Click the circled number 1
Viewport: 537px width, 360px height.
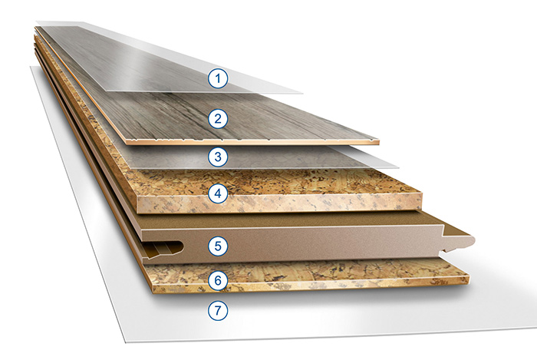218,78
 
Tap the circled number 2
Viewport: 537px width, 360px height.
218,118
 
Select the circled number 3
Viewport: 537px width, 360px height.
218,157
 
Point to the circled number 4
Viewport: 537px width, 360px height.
218,194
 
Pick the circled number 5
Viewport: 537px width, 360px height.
218,246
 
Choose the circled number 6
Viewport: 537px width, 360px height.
218,281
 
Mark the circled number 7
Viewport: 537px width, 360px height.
218,310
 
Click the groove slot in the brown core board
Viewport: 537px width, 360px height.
163,248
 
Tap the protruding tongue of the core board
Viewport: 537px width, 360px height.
458,243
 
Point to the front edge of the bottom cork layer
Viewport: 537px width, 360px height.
310,284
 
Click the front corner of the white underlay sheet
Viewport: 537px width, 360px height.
126,342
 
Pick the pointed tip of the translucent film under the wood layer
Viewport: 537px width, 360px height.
399,168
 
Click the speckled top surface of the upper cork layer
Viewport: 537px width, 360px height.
274,181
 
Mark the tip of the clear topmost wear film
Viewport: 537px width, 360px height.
303,93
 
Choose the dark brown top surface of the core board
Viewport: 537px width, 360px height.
291,220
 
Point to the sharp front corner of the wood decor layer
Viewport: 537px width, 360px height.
378,141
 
